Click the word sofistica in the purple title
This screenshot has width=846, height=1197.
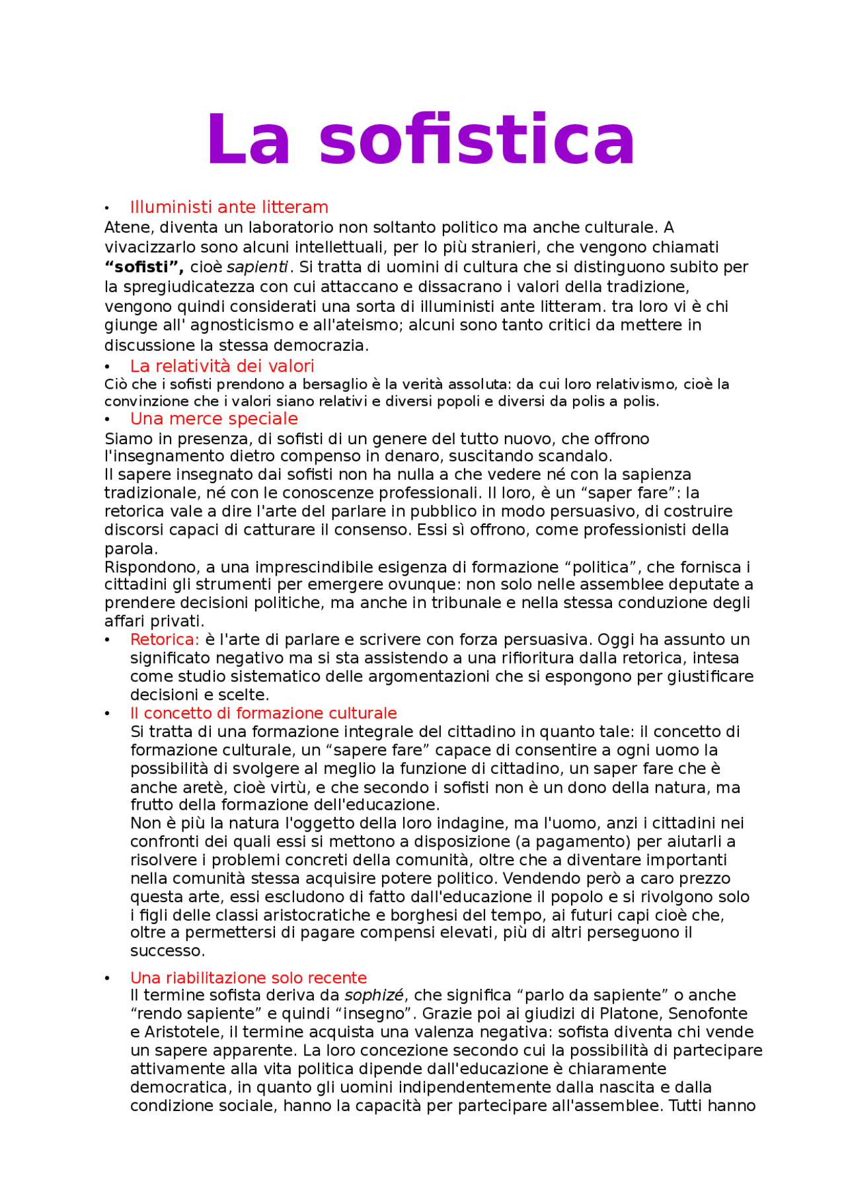pos(477,140)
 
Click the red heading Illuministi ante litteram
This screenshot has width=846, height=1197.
pos(229,207)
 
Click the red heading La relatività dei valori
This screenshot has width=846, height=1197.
pos(222,366)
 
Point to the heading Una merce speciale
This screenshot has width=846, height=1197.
pos(213,418)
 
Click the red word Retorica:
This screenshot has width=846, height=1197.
pos(164,639)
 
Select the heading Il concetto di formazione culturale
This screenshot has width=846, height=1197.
pos(263,713)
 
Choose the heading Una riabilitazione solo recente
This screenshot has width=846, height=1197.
pos(248,978)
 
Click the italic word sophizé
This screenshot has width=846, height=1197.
pos(373,995)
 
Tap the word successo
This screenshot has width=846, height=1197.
pos(167,951)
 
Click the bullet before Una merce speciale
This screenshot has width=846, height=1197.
pos(106,420)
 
